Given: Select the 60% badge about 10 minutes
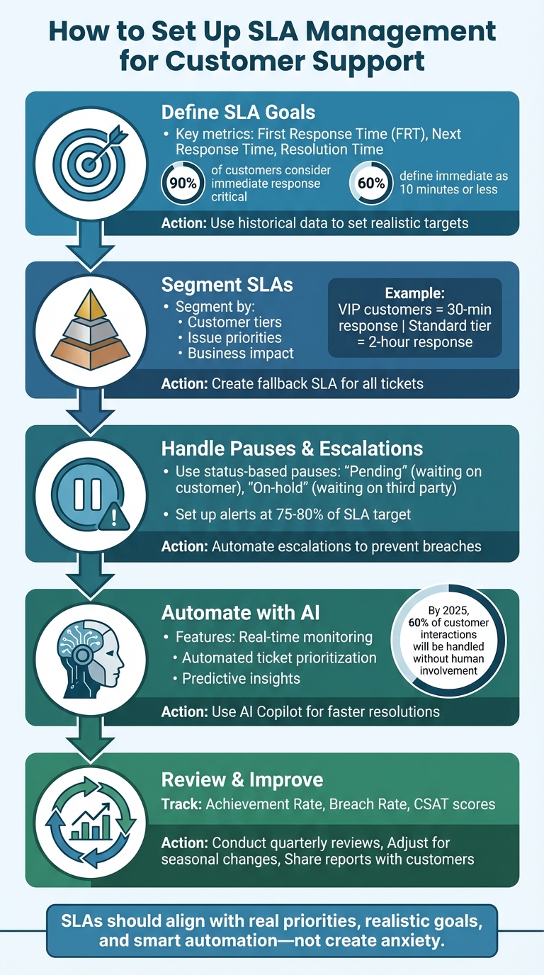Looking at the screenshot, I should (370, 183).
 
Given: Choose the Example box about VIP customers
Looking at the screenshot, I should (414, 317).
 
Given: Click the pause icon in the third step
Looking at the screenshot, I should (86, 493).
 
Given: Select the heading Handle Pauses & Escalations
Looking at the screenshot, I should (292, 448).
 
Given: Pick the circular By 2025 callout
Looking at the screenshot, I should (448, 641).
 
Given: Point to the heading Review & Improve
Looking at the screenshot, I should (242, 779).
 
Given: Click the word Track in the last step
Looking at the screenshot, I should (181, 804).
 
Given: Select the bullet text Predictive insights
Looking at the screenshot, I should (241, 678).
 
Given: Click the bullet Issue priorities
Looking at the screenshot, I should (234, 337).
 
